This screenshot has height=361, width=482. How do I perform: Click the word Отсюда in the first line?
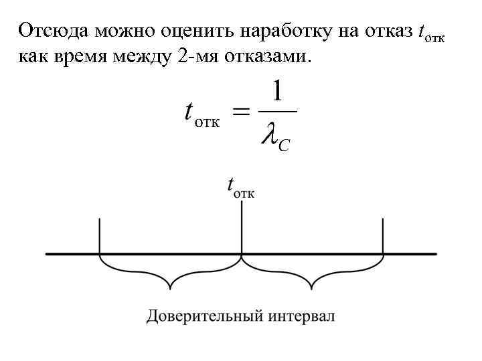tap(54, 31)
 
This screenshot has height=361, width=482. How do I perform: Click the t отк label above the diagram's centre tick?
tap(240, 187)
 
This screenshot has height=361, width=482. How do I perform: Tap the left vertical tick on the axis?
tap(100, 235)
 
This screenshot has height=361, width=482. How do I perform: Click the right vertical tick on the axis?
tap(383, 235)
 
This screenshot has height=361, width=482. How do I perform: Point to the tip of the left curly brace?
tap(170, 289)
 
